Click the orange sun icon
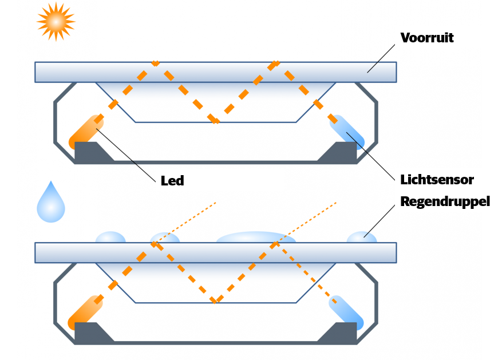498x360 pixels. click(x=56, y=22)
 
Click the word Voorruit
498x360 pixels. click(x=427, y=38)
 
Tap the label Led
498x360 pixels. click(x=172, y=181)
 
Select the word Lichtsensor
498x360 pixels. click(x=437, y=180)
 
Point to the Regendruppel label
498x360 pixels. click(x=445, y=201)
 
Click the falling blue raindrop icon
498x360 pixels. click(x=51, y=204)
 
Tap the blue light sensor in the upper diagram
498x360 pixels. click(x=346, y=132)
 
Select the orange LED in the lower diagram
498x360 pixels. click(x=86, y=312)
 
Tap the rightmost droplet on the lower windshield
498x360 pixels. click(x=362, y=237)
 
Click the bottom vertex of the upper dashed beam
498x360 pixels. click(x=215, y=121)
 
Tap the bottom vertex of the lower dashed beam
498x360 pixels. click(x=215, y=301)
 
